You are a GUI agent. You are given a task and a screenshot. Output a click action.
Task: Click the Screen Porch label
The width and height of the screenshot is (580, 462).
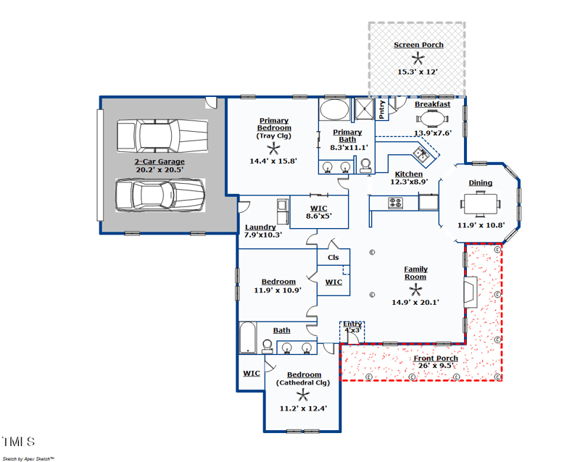pos(418,45)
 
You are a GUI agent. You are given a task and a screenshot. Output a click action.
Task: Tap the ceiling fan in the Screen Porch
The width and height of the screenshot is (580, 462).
pos(418,59)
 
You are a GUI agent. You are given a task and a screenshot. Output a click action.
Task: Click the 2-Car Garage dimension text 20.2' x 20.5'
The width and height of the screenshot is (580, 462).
pos(159,169)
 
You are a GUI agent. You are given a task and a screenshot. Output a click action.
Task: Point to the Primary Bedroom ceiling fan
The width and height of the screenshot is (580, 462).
pos(274,147)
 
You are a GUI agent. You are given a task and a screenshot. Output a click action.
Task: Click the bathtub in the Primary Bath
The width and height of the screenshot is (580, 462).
pos(334,111)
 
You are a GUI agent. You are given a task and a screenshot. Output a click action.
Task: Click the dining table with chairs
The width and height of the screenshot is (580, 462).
pos(480,205)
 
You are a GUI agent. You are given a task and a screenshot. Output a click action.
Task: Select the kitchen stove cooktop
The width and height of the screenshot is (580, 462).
pos(395,203)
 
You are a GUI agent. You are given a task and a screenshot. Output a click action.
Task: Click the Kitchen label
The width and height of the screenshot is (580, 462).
pos(408,175)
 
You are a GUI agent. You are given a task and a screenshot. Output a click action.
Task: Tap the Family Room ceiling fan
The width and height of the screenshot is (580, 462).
pos(415,288)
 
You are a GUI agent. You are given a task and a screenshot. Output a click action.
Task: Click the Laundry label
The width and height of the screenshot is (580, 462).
pos(260,227)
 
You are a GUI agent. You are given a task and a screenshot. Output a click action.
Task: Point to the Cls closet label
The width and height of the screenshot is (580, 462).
pos(333,257)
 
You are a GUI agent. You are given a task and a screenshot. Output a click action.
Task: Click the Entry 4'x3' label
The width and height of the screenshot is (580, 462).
pos(352,327)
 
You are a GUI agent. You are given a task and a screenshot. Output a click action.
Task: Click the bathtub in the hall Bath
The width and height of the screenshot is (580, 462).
pos(248,338)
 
